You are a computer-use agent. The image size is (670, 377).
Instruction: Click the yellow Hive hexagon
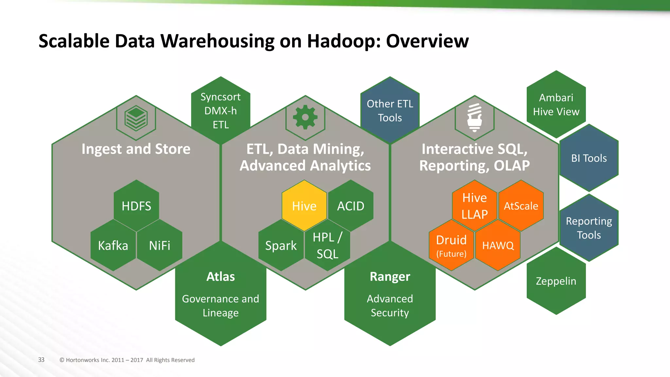point(304,206)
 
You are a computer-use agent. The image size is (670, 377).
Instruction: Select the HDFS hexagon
point(136,206)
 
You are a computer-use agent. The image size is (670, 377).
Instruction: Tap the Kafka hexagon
point(113,245)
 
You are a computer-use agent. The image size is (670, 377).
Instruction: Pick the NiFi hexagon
point(160,245)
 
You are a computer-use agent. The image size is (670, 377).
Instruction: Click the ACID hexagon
point(351,206)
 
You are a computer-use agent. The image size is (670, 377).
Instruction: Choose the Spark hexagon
point(281,245)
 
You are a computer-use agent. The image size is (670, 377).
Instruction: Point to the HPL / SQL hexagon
point(327,245)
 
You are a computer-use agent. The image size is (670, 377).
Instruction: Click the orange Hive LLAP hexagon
point(475,206)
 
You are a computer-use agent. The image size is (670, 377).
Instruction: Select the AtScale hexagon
point(521,206)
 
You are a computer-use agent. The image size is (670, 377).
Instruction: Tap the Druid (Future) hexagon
point(451,245)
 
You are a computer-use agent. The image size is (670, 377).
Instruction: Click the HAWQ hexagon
point(498,245)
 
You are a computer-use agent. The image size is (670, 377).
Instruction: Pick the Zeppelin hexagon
point(556,281)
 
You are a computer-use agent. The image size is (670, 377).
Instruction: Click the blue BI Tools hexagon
point(589,158)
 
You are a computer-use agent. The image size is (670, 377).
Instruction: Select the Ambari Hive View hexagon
point(556,104)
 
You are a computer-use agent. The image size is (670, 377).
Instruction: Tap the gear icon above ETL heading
point(305,117)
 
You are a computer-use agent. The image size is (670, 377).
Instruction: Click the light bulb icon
point(475,117)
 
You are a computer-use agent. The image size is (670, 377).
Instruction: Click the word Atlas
point(220,277)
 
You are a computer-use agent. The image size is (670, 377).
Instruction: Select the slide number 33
point(41,360)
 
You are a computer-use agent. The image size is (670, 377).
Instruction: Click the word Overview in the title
point(427,41)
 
